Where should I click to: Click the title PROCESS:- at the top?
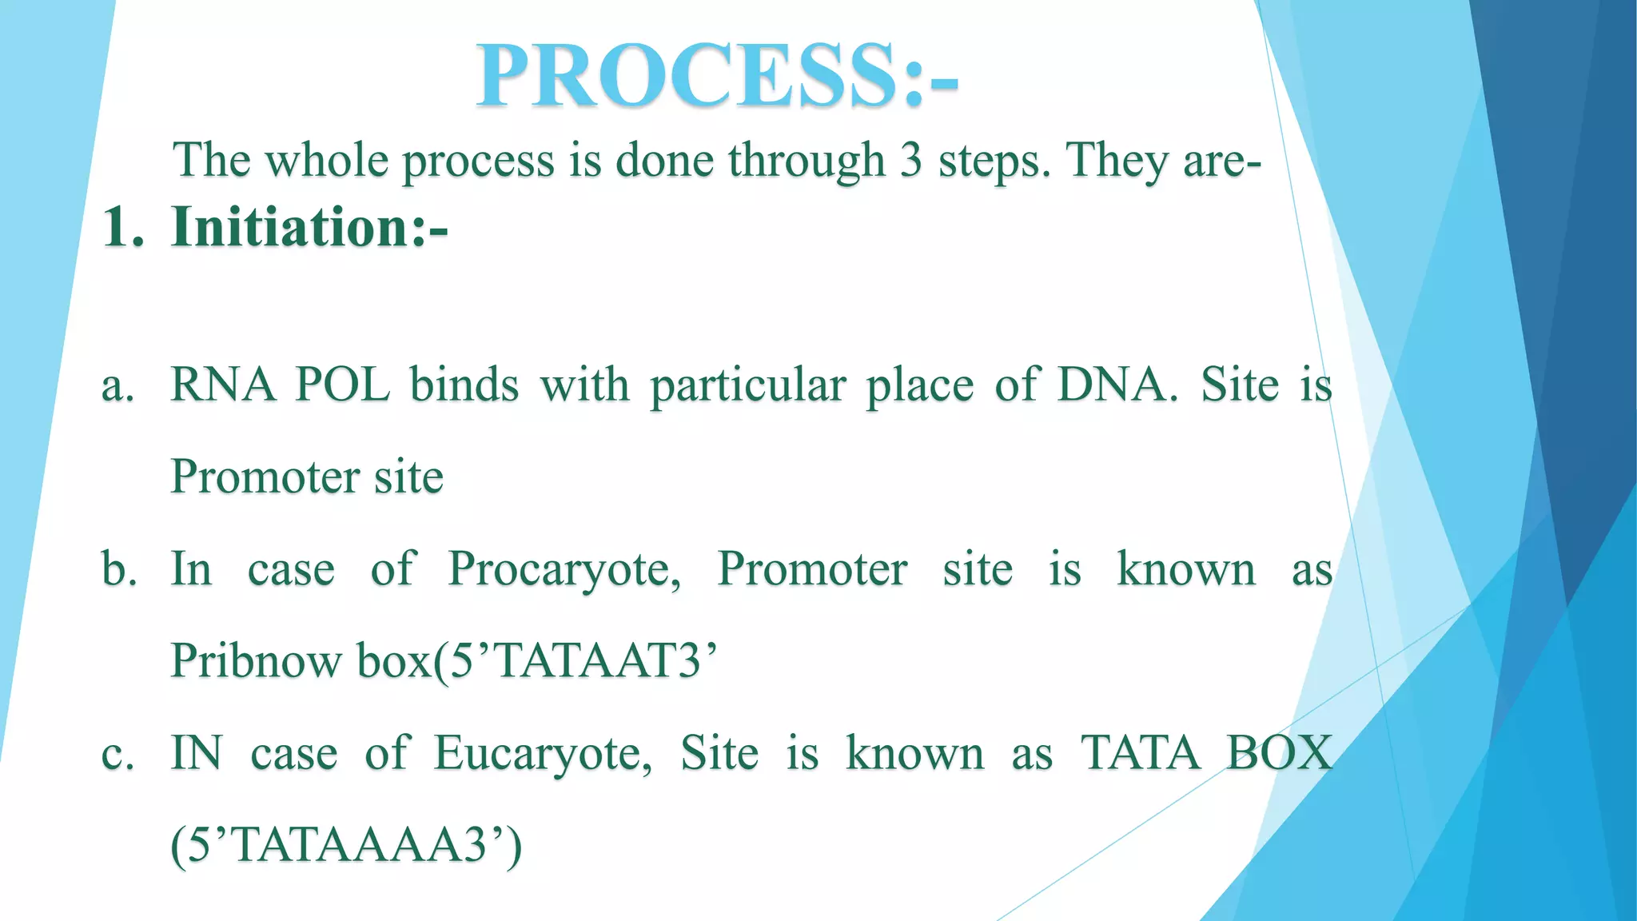tap(716, 76)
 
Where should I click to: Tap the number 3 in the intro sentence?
tap(910, 160)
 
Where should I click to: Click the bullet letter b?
tap(118, 569)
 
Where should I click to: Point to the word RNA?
tap(223, 385)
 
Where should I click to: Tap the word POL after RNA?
tap(342, 385)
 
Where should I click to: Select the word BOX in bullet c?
tap(1280, 753)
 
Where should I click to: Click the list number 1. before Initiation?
tap(123, 228)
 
